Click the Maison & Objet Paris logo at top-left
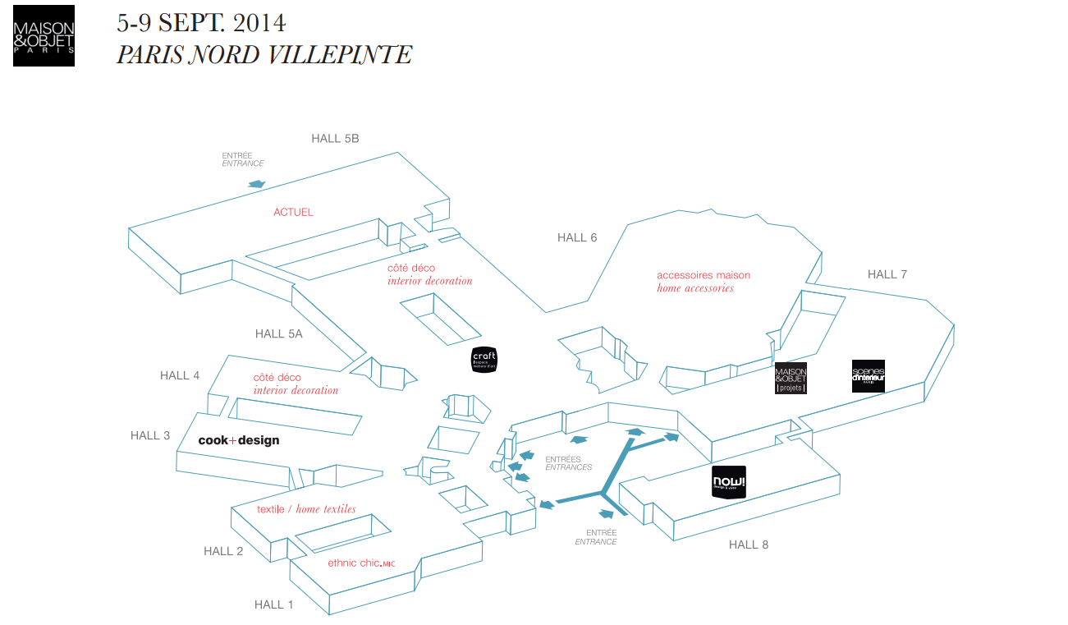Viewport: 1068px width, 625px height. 44,35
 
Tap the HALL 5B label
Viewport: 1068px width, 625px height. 335,139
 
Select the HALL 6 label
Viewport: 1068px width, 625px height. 577,238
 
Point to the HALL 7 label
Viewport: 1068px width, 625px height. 887,274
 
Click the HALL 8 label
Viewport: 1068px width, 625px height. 748,545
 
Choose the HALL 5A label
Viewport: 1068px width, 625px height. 278,333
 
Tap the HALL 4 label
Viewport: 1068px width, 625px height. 180,375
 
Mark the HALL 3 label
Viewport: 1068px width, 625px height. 150,435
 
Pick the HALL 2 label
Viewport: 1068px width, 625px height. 223,551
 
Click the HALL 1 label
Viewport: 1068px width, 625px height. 273,604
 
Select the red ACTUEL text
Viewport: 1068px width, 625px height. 293,212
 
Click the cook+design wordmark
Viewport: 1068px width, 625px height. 239,440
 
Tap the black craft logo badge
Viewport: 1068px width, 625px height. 484,360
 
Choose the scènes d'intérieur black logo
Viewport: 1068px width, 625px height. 868,376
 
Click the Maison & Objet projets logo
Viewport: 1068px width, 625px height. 791,379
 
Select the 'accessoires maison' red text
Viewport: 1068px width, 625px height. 704,275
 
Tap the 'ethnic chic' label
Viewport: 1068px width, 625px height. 361,563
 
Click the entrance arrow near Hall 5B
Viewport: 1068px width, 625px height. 256,185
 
